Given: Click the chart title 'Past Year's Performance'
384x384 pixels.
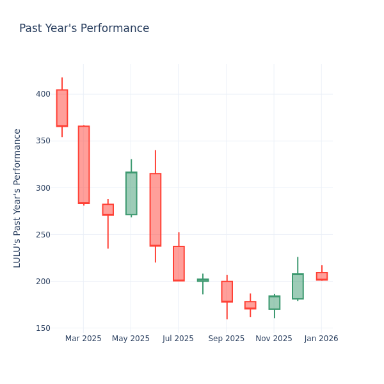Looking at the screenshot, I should click(84, 29).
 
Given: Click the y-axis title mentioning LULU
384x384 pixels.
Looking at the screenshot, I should click(17, 198).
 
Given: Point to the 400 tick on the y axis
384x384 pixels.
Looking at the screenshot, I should click(43, 94).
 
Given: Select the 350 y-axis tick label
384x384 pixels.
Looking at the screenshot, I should click(43, 141).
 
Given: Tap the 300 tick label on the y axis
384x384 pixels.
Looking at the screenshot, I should click(43, 188).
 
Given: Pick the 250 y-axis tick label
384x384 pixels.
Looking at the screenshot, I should click(43, 234).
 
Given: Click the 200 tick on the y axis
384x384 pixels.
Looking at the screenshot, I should click(43, 282).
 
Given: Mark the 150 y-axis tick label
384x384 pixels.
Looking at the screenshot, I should click(43, 328).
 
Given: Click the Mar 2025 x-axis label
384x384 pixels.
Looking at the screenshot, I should click(83, 339).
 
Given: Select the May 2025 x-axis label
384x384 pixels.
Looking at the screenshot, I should click(131, 339).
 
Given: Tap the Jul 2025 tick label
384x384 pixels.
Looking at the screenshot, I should click(178, 339).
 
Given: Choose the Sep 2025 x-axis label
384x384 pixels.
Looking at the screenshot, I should click(226, 339).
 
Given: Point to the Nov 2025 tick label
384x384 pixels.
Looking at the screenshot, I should click(274, 339).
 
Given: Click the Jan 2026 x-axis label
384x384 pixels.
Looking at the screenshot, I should click(321, 339).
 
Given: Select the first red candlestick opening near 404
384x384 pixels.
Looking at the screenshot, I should click(62, 108).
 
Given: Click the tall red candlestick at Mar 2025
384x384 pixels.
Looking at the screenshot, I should click(84, 164).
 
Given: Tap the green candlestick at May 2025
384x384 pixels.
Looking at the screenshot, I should click(131, 193).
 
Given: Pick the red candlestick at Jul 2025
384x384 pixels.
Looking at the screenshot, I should click(179, 263).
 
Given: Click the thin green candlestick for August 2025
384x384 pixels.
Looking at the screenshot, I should click(203, 280).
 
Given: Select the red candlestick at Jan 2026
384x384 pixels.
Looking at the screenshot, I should click(322, 276).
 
